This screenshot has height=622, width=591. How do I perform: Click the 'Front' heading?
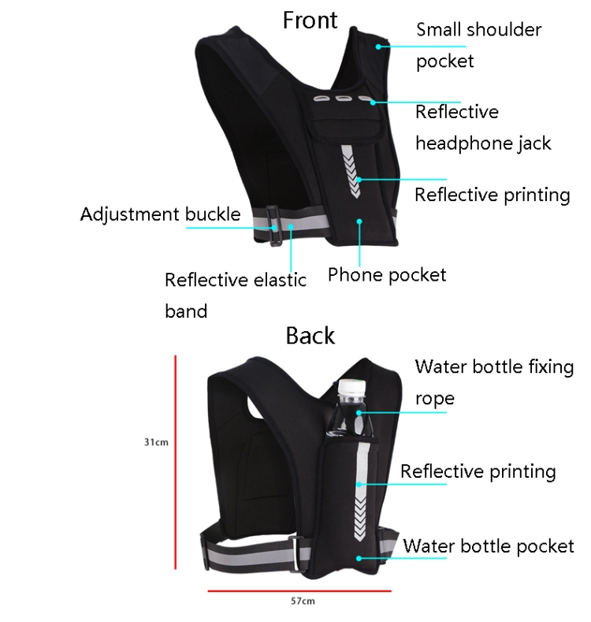click(x=310, y=20)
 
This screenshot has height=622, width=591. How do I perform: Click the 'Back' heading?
click(x=310, y=336)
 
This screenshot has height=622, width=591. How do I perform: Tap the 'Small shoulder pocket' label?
click(x=478, y=45)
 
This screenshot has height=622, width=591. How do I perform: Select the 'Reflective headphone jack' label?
click(x=482, y=127)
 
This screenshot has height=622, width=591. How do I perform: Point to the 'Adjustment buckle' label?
click(x=160, y=214)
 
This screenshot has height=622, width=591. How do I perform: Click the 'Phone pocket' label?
click(x=386, y=275)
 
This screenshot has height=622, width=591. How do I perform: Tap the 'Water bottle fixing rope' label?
click(x=494, y=382)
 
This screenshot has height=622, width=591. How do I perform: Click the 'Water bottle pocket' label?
click(x=489, y=546)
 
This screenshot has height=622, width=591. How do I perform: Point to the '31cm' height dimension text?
click(x=155, y=442)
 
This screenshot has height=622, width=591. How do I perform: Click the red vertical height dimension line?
click(x=175, y=461)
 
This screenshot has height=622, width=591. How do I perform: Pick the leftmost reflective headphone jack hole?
click(x=321, y=99)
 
